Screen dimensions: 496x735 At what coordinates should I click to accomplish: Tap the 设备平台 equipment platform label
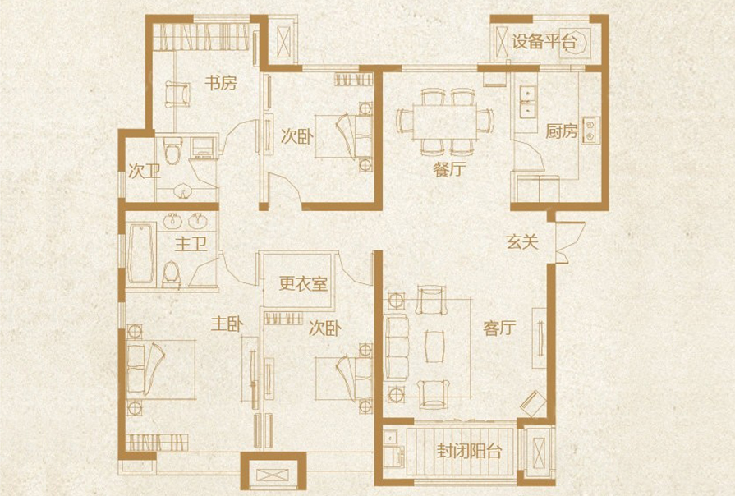[x=544, y=42]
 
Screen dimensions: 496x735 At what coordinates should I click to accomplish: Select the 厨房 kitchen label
[x=562, y=131]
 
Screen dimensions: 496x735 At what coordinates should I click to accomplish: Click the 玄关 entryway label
[x=521, y=242]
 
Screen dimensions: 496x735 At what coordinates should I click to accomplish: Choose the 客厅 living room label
[x=498, y=329]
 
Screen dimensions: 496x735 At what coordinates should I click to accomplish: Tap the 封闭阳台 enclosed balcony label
[x=470, y=452]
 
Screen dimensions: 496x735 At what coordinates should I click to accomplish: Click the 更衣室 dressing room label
[x=303, y=284]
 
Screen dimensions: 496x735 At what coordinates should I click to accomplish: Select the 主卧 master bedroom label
[x=227, y=325]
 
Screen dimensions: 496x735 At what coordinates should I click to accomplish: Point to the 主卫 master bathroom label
[x=190, y=244]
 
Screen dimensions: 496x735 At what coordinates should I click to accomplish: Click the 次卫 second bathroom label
[x=144, y=172]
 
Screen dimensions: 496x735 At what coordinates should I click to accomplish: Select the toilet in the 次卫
[x=172, y=152]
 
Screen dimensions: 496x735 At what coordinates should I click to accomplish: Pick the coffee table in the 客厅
[x=433, y=346]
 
